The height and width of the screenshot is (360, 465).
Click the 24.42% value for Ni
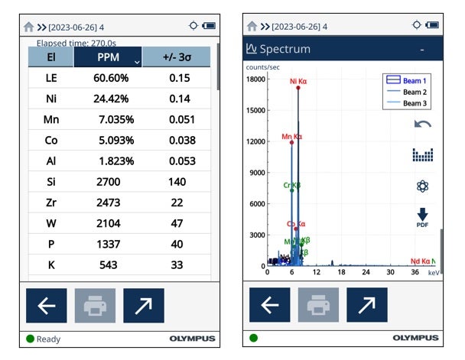pos(109,98)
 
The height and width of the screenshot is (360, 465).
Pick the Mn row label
pos(50,119)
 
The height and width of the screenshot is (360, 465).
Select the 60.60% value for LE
pos(110,77)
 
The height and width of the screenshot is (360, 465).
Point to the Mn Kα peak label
pos(291,137)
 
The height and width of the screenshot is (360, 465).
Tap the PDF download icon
pos(421,218)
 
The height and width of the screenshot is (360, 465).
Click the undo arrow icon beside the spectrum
pos(421,124)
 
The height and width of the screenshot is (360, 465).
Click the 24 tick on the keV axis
pos(366,272)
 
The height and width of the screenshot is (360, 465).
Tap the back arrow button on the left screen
pos(46,306)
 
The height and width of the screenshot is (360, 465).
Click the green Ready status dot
pos(30,339)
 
